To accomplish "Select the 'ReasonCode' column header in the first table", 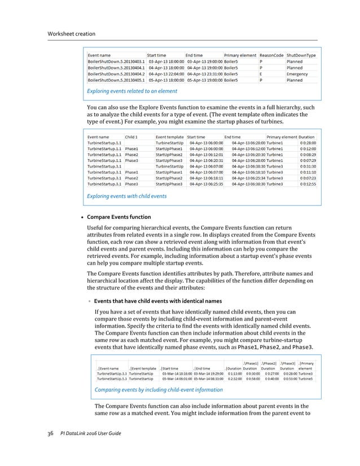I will (271, 55).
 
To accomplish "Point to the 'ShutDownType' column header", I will (301, 55).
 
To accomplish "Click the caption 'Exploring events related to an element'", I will (132, 91).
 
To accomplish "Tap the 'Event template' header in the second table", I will (170, 137).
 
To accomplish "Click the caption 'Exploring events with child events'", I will (126, 196).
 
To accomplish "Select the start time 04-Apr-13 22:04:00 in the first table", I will (166, 73).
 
